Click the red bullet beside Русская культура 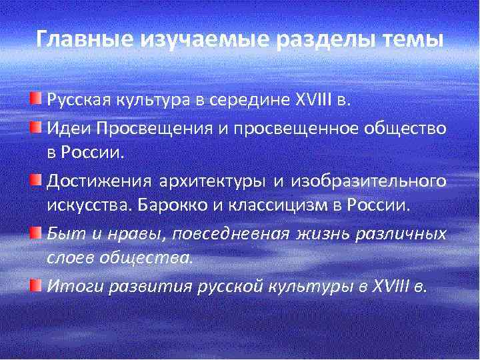(x=36, y=100)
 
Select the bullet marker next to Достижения (x=36, y=180)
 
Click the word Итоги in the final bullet (x=69, y=287)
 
